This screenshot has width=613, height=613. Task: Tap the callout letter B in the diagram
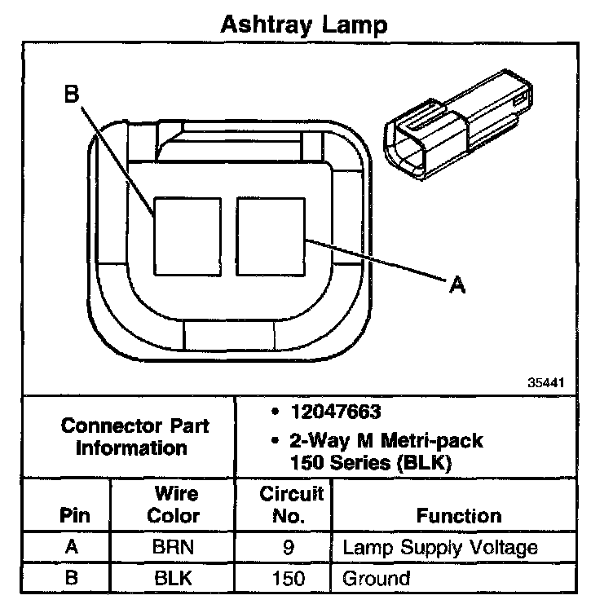(72, 95)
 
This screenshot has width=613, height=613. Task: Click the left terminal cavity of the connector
(187, 234)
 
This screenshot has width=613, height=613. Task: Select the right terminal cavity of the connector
(271, 234)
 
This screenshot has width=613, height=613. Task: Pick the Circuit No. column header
(291, 505)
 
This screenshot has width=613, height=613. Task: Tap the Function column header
(458, 515)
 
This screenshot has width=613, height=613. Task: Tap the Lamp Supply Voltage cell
(440, 548)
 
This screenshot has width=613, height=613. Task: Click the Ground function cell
(376, 579)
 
